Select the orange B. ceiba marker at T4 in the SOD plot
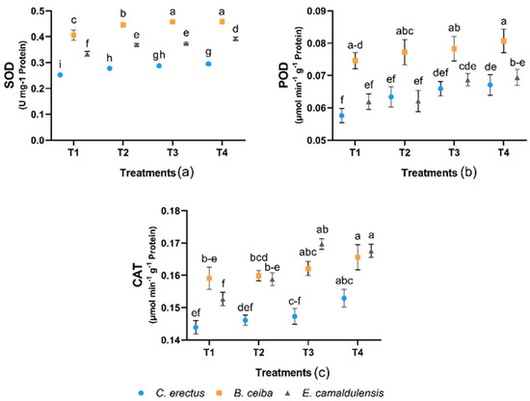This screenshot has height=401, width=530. coord(224,21)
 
